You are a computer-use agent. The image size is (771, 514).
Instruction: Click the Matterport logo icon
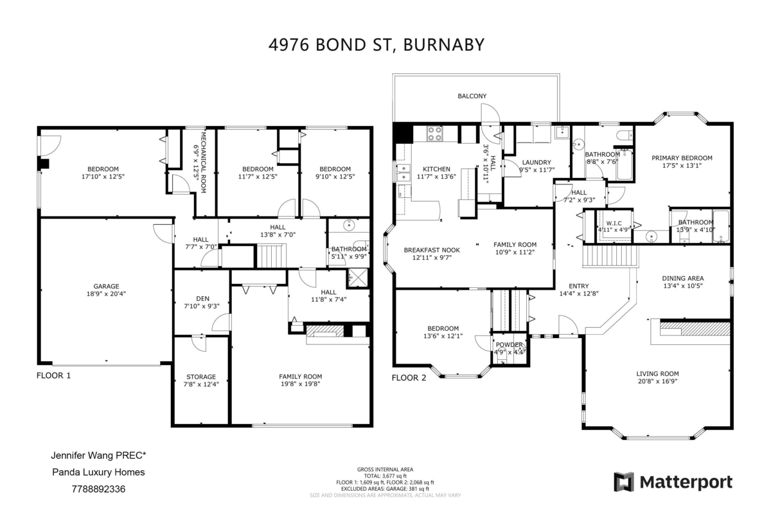[x=623, y=482]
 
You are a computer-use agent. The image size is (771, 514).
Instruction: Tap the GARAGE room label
[x=107, y=287]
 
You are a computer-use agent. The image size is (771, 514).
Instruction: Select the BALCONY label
[x=472, y=96]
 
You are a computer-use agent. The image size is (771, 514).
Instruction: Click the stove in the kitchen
[x=435, y=134]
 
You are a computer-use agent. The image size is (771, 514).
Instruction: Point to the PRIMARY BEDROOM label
[x=682, y=158]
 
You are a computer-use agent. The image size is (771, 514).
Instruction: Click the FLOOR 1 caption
[x=54, y=376]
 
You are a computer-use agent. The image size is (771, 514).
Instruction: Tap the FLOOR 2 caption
[x=409, y=378]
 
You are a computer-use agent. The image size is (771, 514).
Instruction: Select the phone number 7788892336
[x=98, y=489]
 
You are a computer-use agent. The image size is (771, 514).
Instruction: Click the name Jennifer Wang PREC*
[x=98, y=456]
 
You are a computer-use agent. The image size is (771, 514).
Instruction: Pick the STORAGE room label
[x=201, y=377]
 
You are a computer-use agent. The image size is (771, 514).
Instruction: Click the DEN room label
[x=203, y=299]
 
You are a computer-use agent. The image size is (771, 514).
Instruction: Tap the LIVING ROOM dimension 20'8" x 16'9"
[x=657, y=381]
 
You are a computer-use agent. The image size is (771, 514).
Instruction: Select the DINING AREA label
[x=683, y=278]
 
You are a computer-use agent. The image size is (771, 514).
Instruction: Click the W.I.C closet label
[x=614, y=224]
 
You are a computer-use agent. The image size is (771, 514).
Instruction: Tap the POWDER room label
[x=509, y=345]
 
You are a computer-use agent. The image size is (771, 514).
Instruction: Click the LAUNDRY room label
[x=536, y=163]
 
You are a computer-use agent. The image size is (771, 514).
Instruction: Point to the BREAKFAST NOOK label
[x=432, y=251]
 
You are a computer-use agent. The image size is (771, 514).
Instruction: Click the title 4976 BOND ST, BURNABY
[x=377, y=45]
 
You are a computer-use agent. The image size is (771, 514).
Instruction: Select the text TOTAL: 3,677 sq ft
[x=385, y=476]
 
